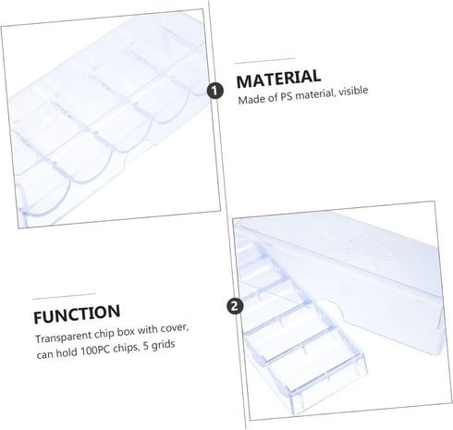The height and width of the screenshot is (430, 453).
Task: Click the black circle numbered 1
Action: pyautogui.click(x=214, y=91)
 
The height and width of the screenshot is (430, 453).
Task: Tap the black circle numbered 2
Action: pyautogui.click(x=235, y=306)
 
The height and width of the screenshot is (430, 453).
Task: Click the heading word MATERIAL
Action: pyautogui.click(x=278, y=79)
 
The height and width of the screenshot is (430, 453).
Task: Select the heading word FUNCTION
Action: pyautogui.click(x=77, y=314)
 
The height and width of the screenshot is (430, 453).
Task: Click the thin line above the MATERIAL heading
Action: pyautogui.click(x=264, y=60)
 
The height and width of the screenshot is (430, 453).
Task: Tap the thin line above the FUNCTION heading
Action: pyautogui.click(x=64, y=297)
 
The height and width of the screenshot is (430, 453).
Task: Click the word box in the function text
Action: pyautogui.click(x=128, y=331)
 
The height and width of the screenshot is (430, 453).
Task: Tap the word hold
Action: pyautogui.click(x=67, y=351)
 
